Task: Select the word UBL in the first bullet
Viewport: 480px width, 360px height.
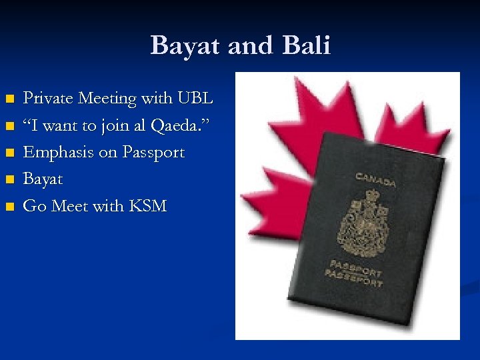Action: pos(195,99)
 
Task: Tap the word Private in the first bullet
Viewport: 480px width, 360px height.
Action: pos(48,99)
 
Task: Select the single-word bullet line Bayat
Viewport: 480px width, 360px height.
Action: pos(43,179)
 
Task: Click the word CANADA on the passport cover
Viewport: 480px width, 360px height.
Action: pos(375,179)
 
